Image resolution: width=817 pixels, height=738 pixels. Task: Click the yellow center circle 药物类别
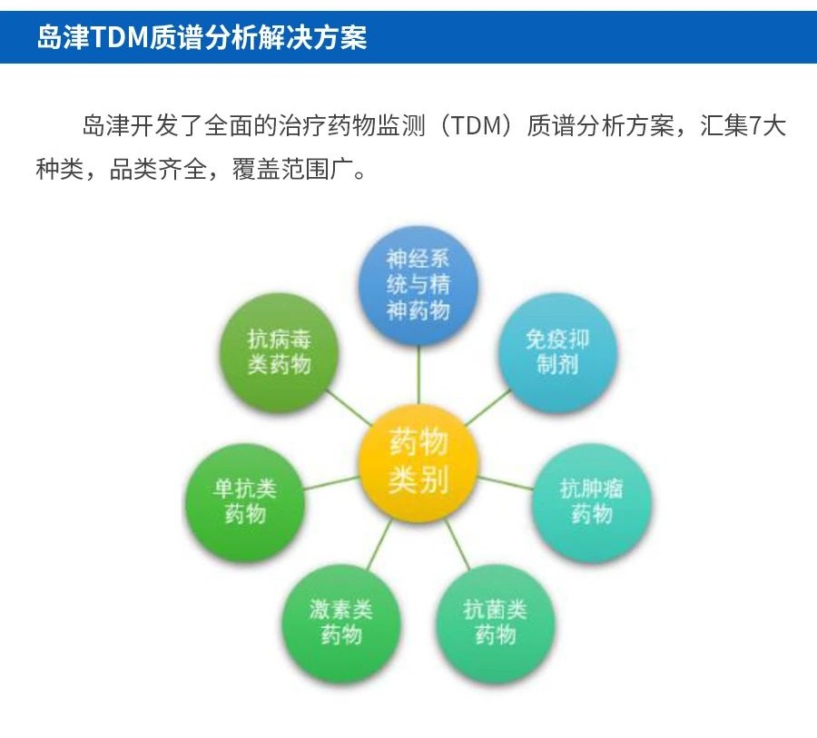(x=418, y=463)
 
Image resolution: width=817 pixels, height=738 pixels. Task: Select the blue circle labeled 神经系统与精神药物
(x=418, y=286)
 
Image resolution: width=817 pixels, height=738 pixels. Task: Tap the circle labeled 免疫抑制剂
(x=557, y=352)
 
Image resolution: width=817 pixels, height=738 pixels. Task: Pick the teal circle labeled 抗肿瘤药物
(x=591, y=502)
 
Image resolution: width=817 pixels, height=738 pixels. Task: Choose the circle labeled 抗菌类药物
(x=495, y=623)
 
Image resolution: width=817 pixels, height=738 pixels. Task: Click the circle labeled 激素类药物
(x=341, y=623)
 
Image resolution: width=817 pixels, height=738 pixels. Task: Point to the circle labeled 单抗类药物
(x=245, y=502)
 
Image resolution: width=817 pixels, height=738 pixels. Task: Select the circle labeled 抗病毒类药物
(x=280, y=352)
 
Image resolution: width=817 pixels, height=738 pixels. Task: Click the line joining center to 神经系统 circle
(x=418, y=375)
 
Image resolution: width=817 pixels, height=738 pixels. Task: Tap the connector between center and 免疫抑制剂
(x=487, y=408)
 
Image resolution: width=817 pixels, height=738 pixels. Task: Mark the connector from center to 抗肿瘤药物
(x=505, y=483)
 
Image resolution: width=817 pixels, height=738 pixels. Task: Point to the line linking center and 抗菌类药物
(x=457, y=544)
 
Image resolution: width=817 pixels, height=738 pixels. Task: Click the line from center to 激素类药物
(x=379, y=544)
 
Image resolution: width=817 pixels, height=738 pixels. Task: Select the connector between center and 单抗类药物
(x=331, y=483)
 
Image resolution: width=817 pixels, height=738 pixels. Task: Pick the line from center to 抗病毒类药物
(x=349, y=408)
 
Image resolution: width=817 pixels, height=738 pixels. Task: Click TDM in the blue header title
(x=120, y=37)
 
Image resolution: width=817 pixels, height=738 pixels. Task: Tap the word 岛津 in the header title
(x=63, y=37)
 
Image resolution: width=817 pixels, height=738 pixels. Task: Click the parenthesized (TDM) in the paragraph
(x=477, y=125)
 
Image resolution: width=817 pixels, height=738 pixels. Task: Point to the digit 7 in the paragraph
(x=754, y=125)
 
